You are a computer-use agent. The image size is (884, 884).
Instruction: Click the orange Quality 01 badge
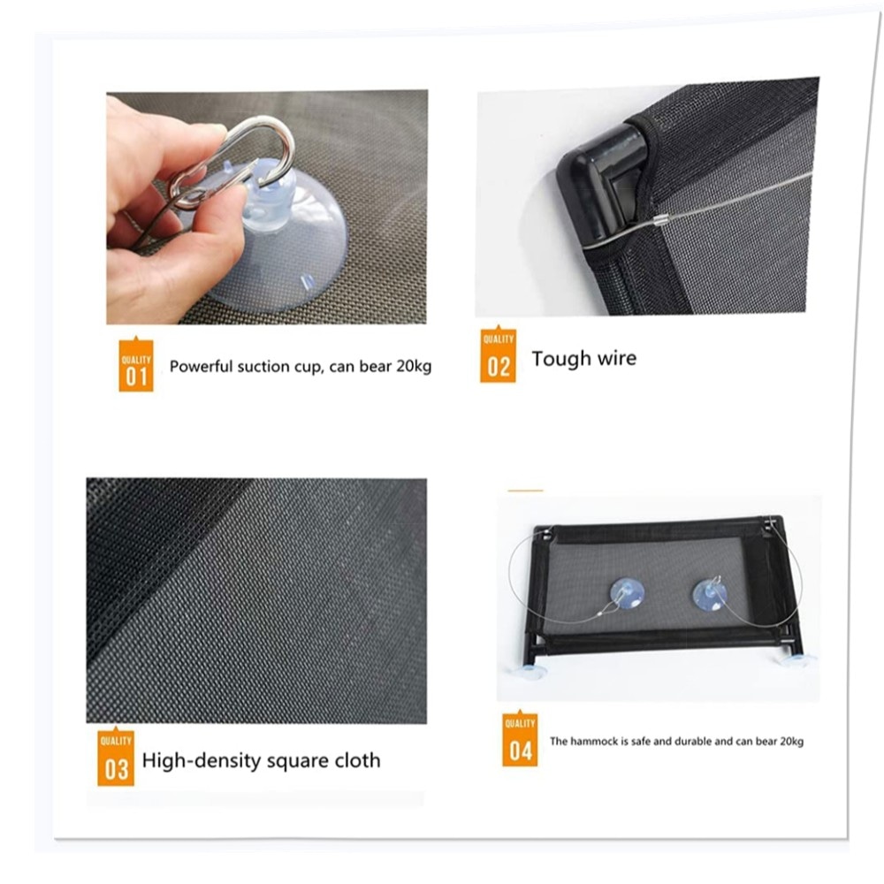136,365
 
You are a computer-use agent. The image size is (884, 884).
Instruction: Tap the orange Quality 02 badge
498,355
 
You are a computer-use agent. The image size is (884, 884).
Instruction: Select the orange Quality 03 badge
116,758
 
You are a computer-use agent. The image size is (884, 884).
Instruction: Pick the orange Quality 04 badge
520,739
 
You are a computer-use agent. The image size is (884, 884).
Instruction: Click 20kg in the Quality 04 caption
791,742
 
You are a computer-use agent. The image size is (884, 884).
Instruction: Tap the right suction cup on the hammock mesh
710,595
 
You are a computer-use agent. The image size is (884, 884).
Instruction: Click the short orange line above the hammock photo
525,491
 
